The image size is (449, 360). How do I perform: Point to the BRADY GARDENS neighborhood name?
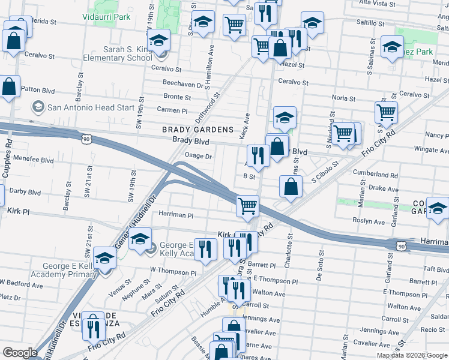click(x=197, y=130)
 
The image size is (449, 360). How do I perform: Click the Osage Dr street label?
click(x=199, y=156)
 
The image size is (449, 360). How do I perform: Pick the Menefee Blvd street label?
click(x=28, y=161)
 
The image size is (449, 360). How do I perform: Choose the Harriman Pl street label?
click(x=176, y=214)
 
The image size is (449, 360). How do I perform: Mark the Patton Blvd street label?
click(x=38, y=90)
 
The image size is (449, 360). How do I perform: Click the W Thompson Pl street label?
click(x=173, y=271)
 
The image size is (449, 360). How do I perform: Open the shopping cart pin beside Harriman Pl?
click(x=247, y=206)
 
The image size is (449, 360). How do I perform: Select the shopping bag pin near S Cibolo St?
click(x=291, y=186)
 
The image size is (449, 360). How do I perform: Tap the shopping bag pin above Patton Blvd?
click(x=9, y=86)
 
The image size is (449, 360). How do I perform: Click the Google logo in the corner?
click(x=20, y=353)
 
